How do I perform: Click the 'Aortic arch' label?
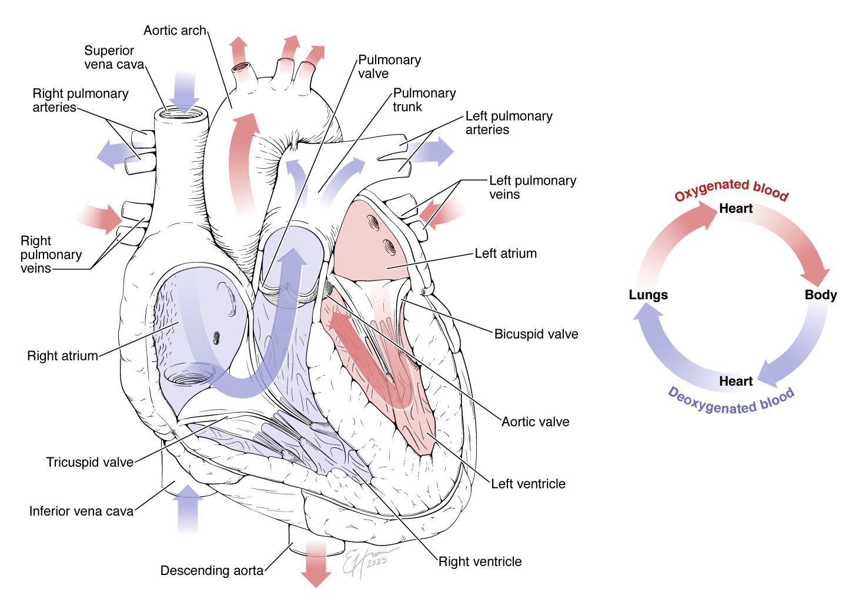tap(175, 31)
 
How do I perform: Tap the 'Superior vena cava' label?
tap(113, 58)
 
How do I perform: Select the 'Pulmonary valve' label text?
tap(389, 66)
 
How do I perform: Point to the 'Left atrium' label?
tap(506, 253)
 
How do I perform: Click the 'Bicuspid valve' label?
tap(536, 334)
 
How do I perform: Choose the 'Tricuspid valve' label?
tap(90, 462)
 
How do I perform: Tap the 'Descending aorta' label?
tap(212, 570)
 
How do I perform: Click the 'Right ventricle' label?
tap(480, 561)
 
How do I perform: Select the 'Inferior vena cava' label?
tap(82, 511)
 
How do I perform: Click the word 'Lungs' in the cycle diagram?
tap(648, 295)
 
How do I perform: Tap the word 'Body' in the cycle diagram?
tap(821, 295)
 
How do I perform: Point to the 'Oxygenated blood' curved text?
tap(731, 189)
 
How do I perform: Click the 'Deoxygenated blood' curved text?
tap(731, 402)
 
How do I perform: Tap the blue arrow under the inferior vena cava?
tap(188, 509)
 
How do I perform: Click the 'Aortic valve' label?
tap(535, 422)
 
